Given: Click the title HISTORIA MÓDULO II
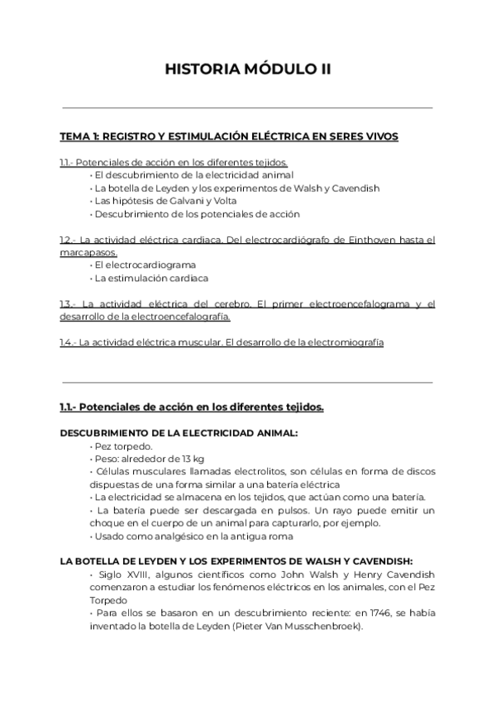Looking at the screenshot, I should click(x=248, y=69).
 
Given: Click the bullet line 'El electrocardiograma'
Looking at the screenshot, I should click(x=145, y=265).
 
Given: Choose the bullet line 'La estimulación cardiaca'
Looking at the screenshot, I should click(x=150, y=279).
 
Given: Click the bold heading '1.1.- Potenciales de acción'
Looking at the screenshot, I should click(x=191, y=407).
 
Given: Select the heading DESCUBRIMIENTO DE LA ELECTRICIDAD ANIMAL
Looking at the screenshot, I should click(x=179, y=433).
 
